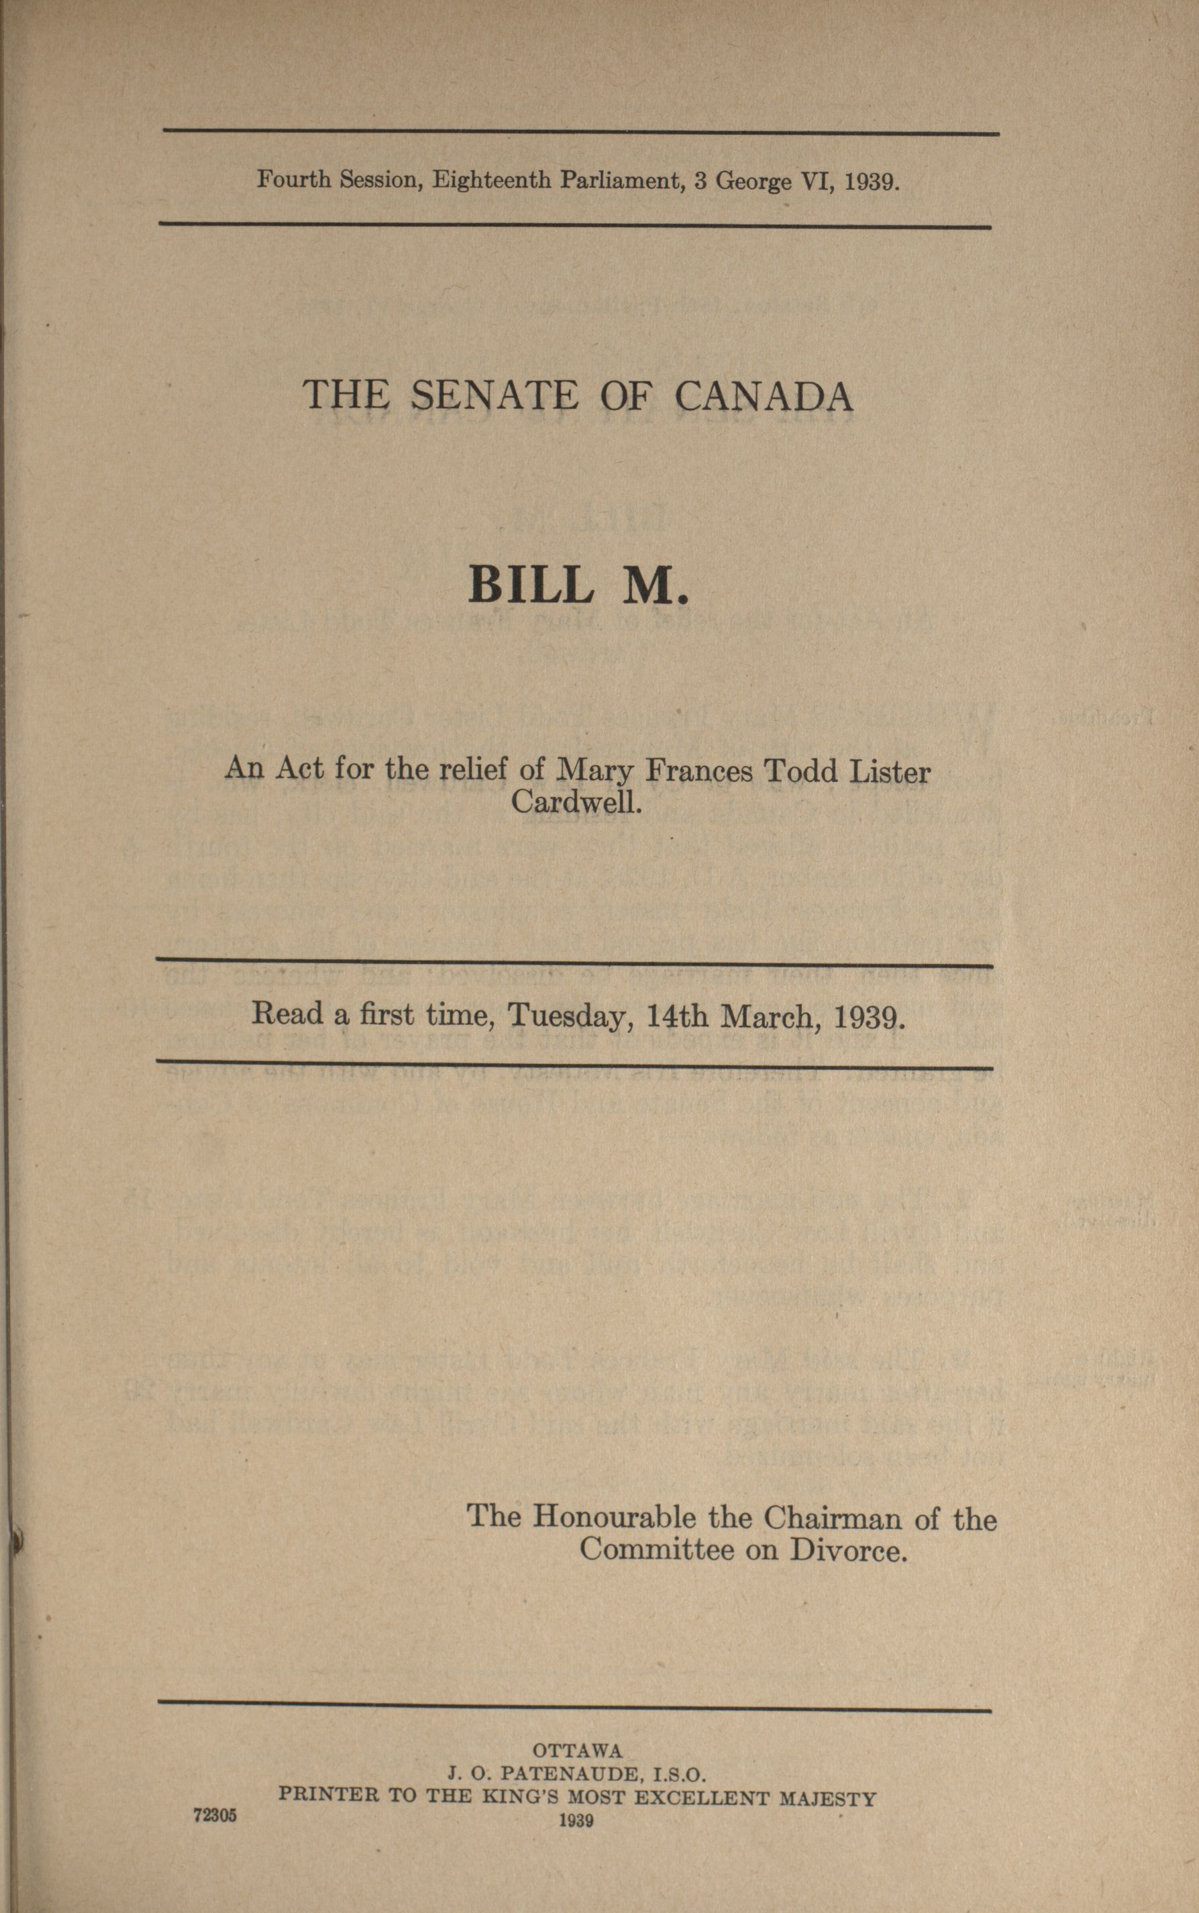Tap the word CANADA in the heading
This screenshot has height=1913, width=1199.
(x=764, y=397)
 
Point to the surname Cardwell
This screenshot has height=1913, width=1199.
(x=575, y=803)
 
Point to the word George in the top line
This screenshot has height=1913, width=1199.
(x=753, y=183)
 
